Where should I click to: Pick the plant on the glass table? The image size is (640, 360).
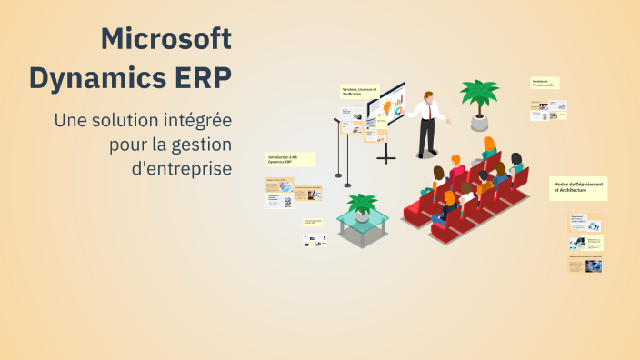[363, 205]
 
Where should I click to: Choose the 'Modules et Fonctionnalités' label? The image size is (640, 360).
[545, 83]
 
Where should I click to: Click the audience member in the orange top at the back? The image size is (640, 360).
[489, 146]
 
